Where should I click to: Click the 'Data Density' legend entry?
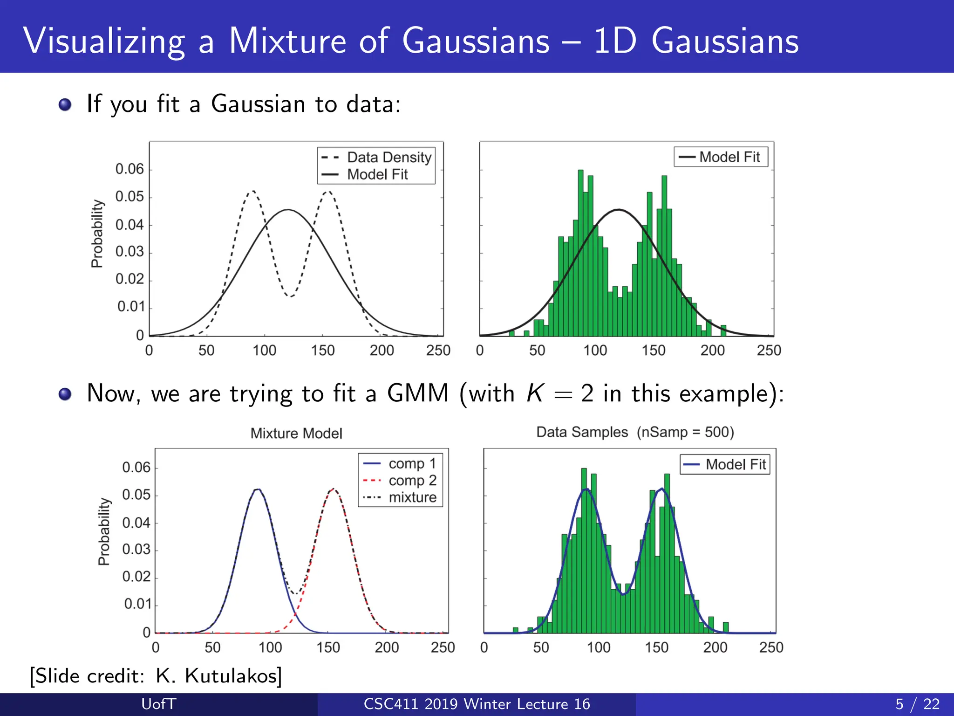(x=389, y=158)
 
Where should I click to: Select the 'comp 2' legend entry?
(x=412, y=481)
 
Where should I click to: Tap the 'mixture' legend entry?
(x=412, y=497)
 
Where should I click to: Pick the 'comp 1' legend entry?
(x=412, y=464)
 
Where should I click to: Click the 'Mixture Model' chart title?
(x=296, y=434)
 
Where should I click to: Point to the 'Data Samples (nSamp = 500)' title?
(x=635, y=432)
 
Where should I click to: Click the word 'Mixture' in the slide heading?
(x=287, y=41)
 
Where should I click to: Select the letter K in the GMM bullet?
(x=535, y=393)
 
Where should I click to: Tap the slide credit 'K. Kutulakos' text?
(x=218, y=675)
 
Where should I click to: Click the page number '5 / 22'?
(x=917, y=704)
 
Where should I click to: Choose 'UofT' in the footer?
(x=158, y=704)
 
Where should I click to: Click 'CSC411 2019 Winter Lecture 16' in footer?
(x=477, y=704)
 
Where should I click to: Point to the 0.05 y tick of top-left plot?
(x=129, y=197)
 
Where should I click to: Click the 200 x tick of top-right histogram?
(x=712, y=351)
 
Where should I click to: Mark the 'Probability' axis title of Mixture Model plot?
(x=104, y=531)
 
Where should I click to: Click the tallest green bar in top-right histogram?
(x=580, y=252)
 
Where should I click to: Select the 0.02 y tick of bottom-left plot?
(x=136, y=577)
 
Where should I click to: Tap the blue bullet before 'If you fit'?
(x=65, y=104)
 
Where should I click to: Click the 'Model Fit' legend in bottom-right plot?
(x=725, y=464)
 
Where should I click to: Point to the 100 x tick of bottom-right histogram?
(x=598, y=647)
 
